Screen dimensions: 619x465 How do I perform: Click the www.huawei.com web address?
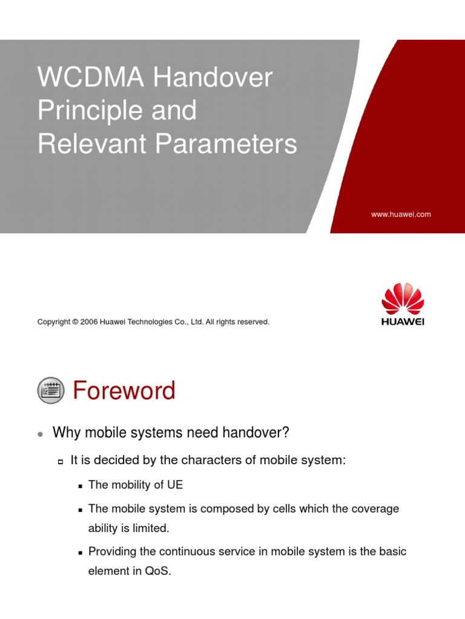(x=401, y=214)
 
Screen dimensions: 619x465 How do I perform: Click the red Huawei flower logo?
(x=403, y=298)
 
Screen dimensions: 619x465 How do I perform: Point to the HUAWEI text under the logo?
(x=403, y=322)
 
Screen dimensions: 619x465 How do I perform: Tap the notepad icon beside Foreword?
(x=50, y=391)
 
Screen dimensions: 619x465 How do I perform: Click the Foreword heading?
(x=124, y=391)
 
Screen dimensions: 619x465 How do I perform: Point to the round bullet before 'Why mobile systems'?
(x=40, y=434)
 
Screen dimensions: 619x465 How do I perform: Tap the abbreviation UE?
(x=175, y=485)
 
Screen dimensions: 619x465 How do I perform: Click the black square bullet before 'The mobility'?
(x=80, y=486)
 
